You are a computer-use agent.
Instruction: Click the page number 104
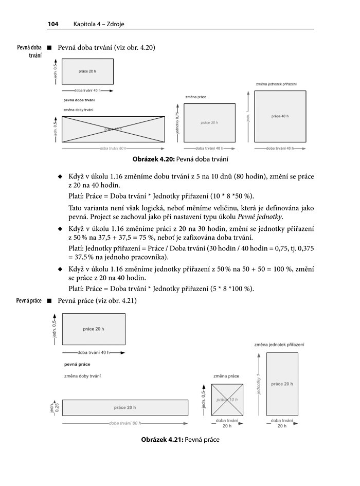pyautogui.click(x=53, y=24)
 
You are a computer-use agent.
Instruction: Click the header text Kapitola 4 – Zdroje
pyautogui.click(x=99, y=24)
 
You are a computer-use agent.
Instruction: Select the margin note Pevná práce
pyautogui.click(x=28, y=300)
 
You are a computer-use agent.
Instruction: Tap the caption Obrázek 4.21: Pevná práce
pyautogui.click(x=180, y=440)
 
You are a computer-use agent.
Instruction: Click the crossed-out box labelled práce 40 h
pyautogui.click(x=114, y=129)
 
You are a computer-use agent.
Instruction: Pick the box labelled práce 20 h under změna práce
pyautogui.click(x=209, y=123)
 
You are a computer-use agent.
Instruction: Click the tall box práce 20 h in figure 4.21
pyautogui.click(x=282, y=384)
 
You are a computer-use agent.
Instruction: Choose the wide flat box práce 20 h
pyautogui.click(x=125, y=407)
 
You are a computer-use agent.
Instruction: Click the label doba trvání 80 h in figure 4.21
pyautogui.click(x=125, y=423)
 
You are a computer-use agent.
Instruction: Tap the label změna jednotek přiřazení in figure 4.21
pyautogui.click(x=279, y=344)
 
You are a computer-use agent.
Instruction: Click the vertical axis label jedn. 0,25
pyautogui.click(x=54, y=407)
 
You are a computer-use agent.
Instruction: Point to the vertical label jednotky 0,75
pyautogui.click(x=177, y=122)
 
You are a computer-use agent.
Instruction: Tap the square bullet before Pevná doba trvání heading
pyautogui.click(x=50, y=48)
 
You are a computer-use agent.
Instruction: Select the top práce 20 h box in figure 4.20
pyautogui.click(x=88, y=71)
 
